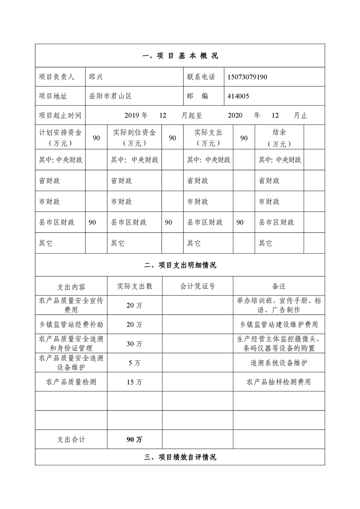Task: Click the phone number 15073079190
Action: tap(247, 77)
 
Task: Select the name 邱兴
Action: tap(96, 77)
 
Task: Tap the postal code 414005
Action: tap(238, 96)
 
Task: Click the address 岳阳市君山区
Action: tap(110, 96)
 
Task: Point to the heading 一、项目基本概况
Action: tap(180, 56)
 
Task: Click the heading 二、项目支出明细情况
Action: tap(180, 265)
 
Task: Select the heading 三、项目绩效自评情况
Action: tap(180, 457)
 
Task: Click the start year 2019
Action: tap(133, 116)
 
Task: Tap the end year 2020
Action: tap(236, 116)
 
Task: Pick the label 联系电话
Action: tap(201, 77)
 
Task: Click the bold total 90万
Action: tap(134, 440)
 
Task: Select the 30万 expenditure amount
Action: tap(134, 344)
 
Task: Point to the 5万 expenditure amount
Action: tap(134, 363)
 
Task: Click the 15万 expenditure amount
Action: tap(134, 382)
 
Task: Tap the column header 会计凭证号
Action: tap(197, 286)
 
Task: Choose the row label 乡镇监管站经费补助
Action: tap(71, 324)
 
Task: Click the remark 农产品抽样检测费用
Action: tap(279, 382)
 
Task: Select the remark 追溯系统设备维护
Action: tap(279, 363)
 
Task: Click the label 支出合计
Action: tap(71, 440)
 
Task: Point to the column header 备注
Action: tap(279, 286)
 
